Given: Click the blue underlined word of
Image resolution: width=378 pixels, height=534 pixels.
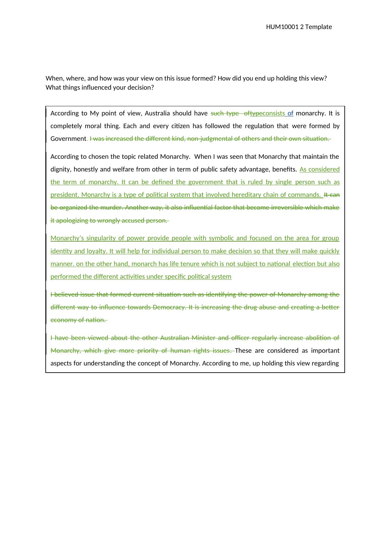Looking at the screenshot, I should pyautogui.click(x=290, y=113).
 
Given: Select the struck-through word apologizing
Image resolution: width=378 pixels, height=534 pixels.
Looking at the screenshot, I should pyautogui.click(x=73, y=221).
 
